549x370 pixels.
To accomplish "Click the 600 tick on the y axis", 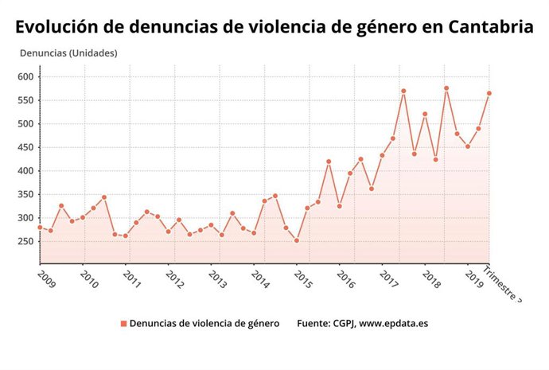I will pos(27,77).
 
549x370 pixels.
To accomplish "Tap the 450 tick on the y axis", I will pos(27,147).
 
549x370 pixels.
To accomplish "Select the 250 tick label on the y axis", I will pos(27,241).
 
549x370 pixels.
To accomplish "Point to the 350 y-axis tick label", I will pos(27,194).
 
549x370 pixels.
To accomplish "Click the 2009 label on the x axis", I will pos(47,280).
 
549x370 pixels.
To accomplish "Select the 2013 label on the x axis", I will pos(217,280).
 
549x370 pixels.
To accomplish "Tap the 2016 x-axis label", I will pos(345,280).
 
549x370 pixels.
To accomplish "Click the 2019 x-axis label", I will pos(473,280).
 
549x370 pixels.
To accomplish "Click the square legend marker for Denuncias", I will pos(123,324).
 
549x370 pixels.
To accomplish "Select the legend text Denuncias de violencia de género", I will pos(204,324).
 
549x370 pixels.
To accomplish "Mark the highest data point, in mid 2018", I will pos(446,88).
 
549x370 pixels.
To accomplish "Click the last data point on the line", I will pos(489,93).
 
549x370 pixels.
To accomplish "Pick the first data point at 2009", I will pos(40,228).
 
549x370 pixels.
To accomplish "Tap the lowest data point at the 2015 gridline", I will pos(297,240).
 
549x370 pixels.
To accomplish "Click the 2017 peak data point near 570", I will pos(403,91).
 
